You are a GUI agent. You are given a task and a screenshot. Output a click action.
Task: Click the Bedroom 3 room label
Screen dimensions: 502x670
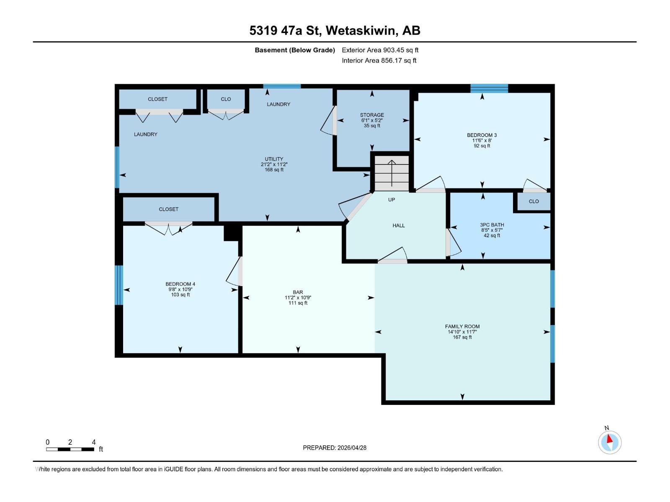click(482, 135)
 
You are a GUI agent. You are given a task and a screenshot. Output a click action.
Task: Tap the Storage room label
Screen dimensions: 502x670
click(372, 115)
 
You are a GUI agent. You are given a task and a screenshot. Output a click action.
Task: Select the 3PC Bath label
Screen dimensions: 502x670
click(492, 225)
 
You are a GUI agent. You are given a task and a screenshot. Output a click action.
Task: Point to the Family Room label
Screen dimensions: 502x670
click(462, 327)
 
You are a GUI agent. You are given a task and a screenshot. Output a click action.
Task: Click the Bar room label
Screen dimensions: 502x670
click(298, 292)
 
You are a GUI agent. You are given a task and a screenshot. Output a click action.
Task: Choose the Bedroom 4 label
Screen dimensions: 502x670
click(180, 284)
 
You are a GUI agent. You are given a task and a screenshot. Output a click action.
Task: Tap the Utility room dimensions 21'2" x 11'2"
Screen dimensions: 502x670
click(274, 164)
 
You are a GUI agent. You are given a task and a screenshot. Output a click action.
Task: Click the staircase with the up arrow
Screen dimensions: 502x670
click(392, 172)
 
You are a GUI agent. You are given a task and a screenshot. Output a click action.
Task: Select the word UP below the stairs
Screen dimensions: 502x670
click(392, 200)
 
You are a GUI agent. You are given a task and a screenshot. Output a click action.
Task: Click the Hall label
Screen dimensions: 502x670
click(399, 225)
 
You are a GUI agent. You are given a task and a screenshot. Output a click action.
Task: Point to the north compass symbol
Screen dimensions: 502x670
click(610, 442)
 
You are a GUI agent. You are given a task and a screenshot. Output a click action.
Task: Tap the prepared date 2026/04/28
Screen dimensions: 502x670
click(335, 448)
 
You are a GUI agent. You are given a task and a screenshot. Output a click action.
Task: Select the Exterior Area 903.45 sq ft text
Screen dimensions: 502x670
click(380, 50)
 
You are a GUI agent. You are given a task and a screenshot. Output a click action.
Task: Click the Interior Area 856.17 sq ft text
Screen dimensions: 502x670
click(379, 60)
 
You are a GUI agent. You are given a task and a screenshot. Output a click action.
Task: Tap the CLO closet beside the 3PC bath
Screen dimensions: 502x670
click(533, 201)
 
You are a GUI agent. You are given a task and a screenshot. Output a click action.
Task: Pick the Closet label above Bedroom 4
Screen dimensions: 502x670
click(168, 209)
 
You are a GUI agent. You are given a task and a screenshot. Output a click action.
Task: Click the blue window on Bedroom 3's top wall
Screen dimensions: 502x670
click(489, 88)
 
